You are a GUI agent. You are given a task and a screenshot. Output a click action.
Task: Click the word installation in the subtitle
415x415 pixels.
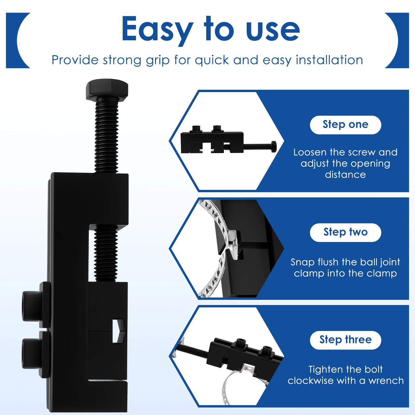329,60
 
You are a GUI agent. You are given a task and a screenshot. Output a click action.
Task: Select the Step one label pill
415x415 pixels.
345,125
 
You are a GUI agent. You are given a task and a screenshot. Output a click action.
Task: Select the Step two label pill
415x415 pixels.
345,232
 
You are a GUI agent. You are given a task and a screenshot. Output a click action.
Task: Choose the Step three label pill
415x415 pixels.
345,340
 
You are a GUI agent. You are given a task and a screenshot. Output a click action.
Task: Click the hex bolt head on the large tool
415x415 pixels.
107,89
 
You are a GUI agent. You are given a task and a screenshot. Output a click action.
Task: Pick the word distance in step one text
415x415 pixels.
345,175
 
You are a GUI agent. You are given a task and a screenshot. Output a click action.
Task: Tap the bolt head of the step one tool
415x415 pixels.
274,147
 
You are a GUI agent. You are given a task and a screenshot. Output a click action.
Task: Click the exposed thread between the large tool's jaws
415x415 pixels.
106,253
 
